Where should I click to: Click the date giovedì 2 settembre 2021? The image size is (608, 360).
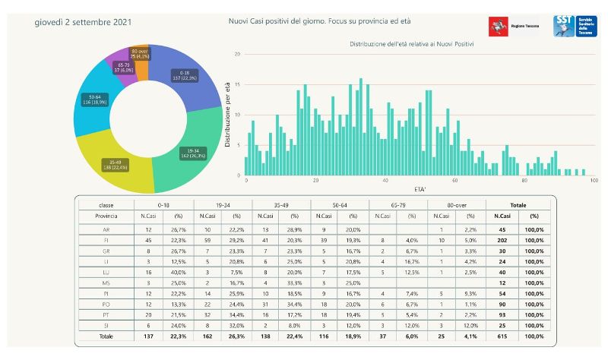click(83, 22)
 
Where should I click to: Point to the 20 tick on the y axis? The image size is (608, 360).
click(238, 55)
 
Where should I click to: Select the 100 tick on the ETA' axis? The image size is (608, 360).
click(593, 181)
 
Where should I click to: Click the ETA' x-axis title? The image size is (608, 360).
click(420, 188)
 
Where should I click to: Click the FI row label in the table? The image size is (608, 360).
click(106, 240)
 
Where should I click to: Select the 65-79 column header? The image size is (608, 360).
click(397, 205)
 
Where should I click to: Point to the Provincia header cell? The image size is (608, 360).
click(106, 216)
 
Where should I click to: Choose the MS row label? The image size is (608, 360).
click(106, 283)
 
